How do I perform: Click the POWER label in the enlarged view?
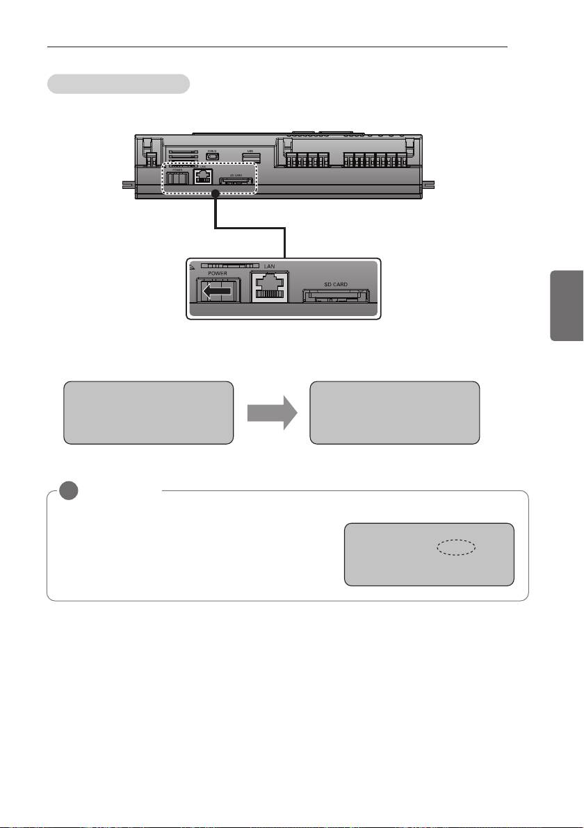pos(218,274)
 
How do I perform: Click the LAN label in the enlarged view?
pos(269,267)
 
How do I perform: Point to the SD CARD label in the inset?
pos(336,285)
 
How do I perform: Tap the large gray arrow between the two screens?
pos(271,413)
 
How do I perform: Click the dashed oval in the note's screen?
pos(456,548)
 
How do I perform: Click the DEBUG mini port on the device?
pos(213,156)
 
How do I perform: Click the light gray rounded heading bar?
pos(118,84)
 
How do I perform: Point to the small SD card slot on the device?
pos(236,182)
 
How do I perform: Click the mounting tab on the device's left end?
pos(129,185)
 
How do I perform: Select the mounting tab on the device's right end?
pos(429,185)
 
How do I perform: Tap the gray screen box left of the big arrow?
pos(147,412)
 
